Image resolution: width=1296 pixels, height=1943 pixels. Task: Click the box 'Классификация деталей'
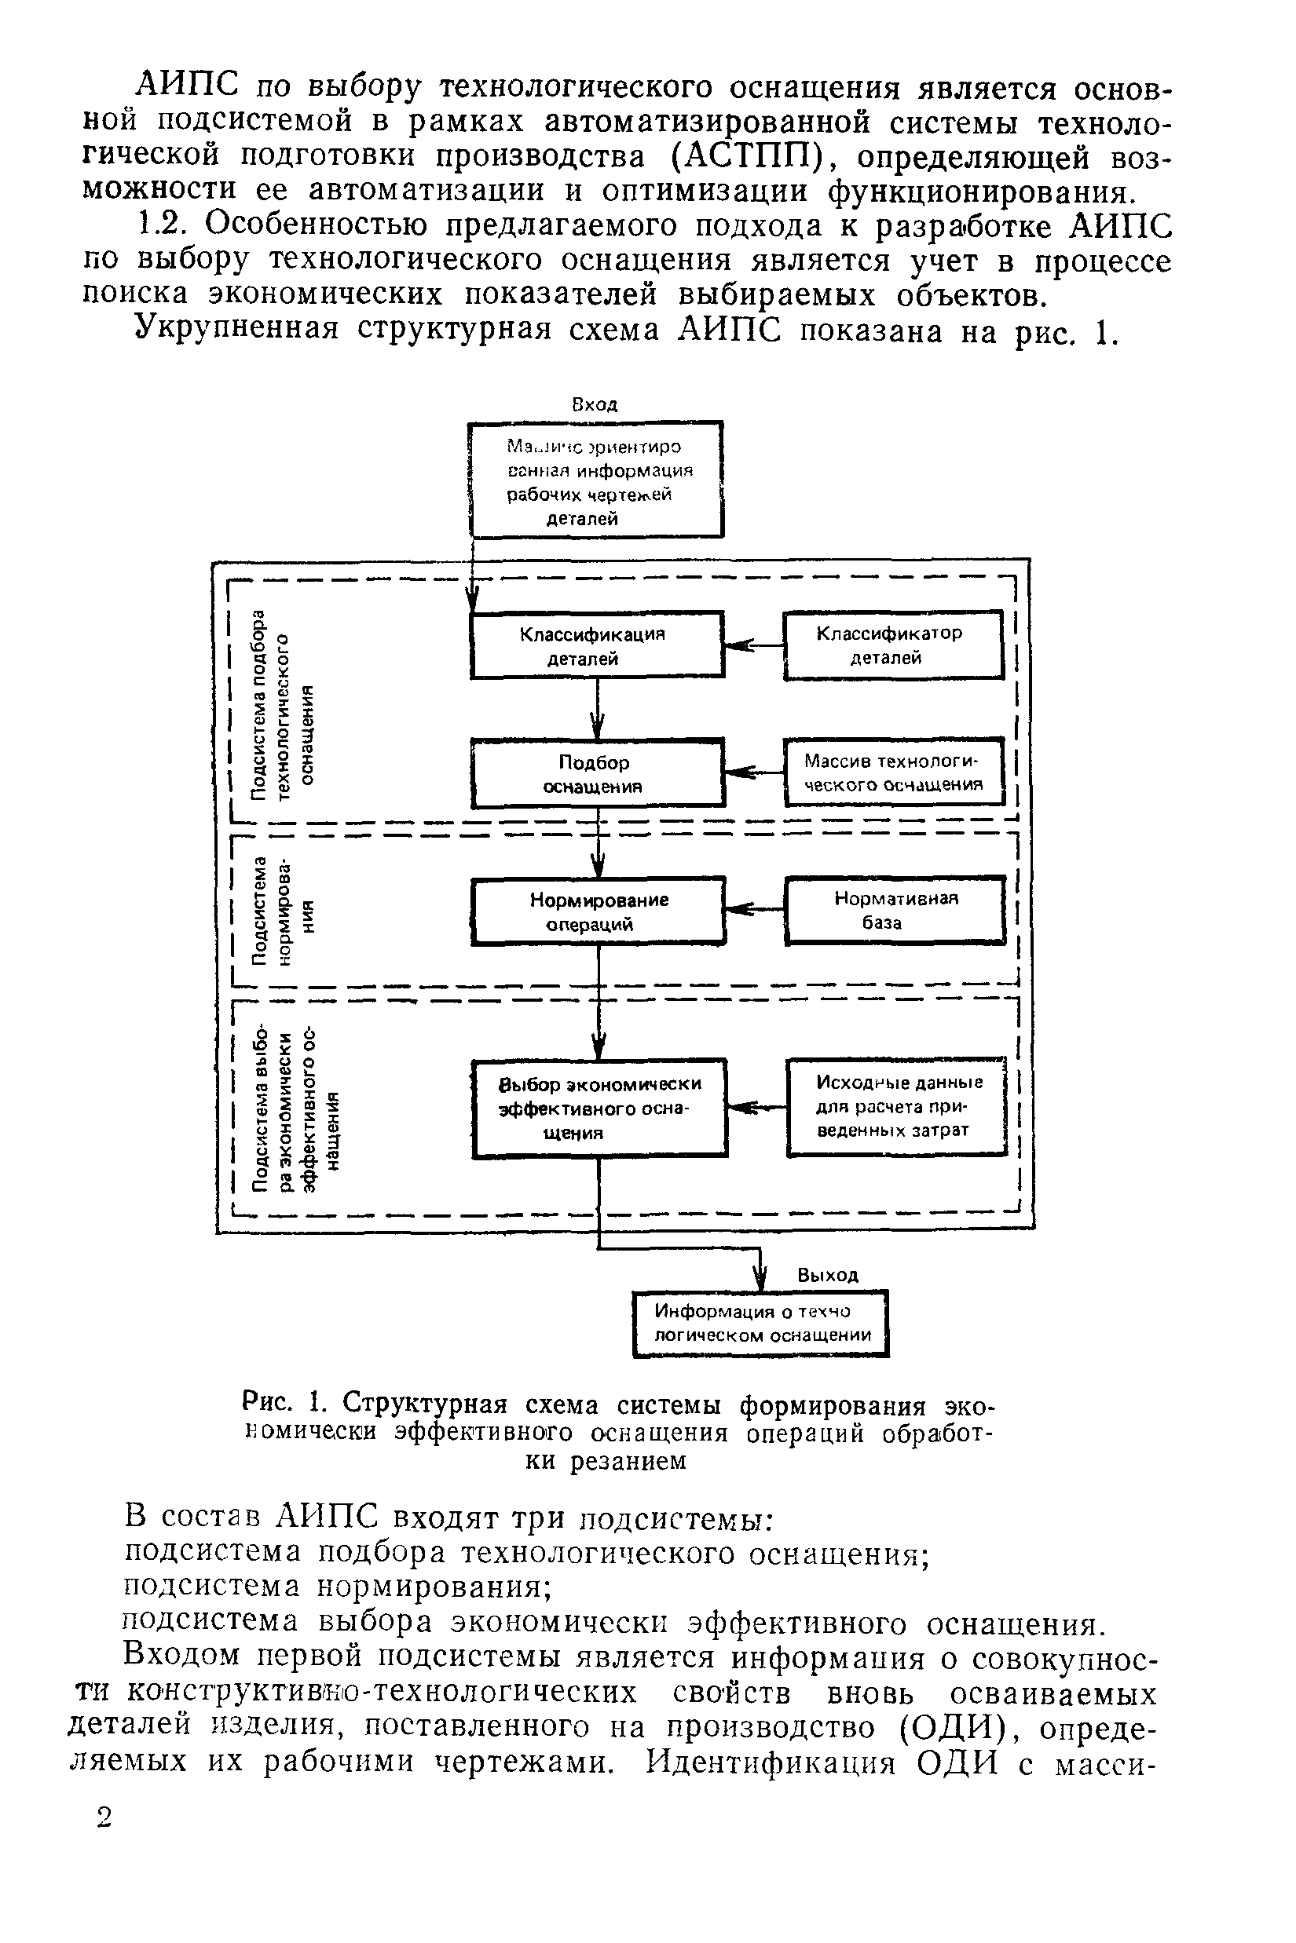click(596, 645)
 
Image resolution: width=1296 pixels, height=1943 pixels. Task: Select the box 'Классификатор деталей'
click(892, 645)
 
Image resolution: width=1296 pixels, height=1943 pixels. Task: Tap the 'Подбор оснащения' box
click(597, 773)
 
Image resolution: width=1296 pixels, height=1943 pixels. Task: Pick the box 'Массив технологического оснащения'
click(894, 772)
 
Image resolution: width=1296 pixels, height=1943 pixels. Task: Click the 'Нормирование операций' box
click(598, 911)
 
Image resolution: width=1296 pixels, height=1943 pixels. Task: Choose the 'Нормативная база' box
click(895, 910)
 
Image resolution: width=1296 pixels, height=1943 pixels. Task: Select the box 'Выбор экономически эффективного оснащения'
click(599, 1108)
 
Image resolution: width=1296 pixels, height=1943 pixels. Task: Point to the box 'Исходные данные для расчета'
click(897, 1106)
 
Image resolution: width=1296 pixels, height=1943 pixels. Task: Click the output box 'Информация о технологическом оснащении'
click(760, 1324)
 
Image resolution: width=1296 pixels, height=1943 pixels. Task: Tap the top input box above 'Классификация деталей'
click(595, 480)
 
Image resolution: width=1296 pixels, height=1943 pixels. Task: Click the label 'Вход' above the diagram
click(595, 405)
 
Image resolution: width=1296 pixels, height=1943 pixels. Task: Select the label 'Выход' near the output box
click(827, 1275)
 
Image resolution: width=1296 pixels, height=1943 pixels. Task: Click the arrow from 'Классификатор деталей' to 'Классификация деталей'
click(753, 645)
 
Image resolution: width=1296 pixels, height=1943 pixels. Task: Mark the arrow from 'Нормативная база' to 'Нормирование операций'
click(754, 910)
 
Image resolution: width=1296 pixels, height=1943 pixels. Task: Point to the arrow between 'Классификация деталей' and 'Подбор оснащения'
click(598, 708)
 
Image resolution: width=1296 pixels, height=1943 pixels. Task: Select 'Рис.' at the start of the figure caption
click(265, 1402)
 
